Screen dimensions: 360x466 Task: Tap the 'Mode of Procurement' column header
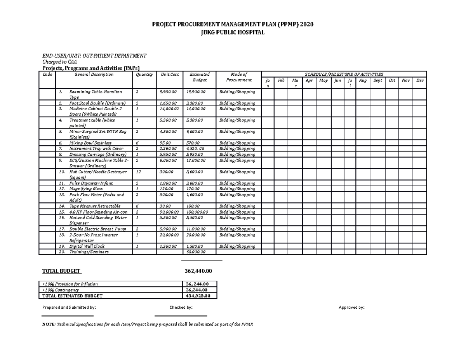click(x=239, y=77)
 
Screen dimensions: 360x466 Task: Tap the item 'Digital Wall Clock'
click(x=87, y=246)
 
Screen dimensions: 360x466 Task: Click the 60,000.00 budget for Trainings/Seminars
click(x=196, y=252)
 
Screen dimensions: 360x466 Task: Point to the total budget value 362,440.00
click(x=199, y=271)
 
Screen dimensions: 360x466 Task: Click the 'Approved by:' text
click(x=351, y=308)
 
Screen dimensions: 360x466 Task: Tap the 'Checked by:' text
click(x=181, y=308)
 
